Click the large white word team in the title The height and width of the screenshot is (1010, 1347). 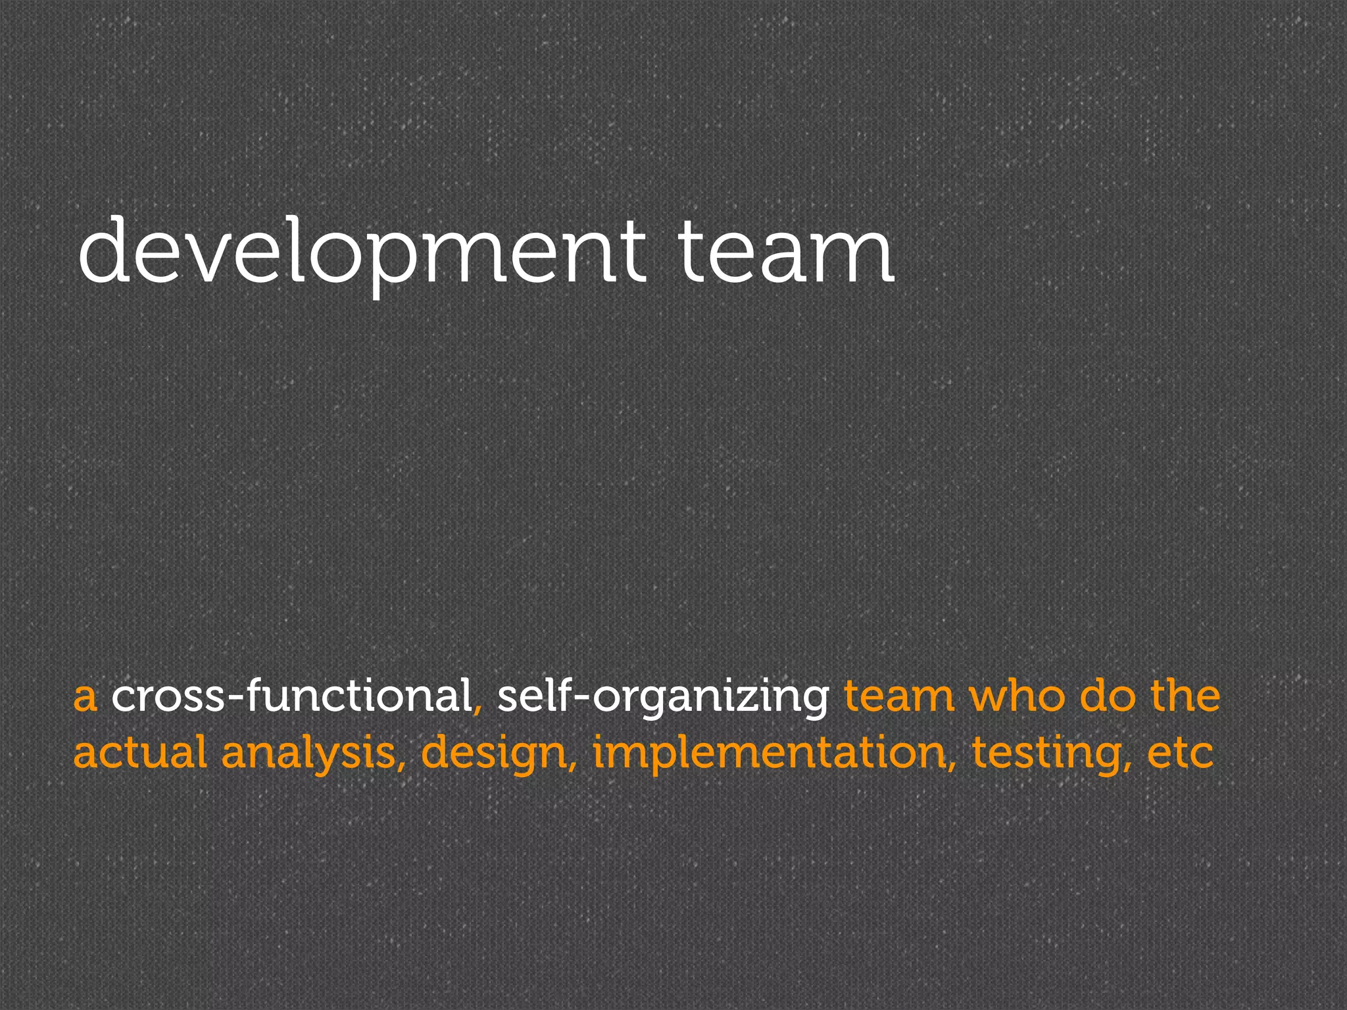(785, 252)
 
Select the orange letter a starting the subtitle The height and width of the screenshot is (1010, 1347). (85, 698)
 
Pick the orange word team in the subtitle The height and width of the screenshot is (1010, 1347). (899, 697)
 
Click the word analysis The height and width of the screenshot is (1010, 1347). (308, 754)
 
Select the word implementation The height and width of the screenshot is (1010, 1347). (770, 754)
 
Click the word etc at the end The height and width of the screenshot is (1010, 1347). (1180, 754)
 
